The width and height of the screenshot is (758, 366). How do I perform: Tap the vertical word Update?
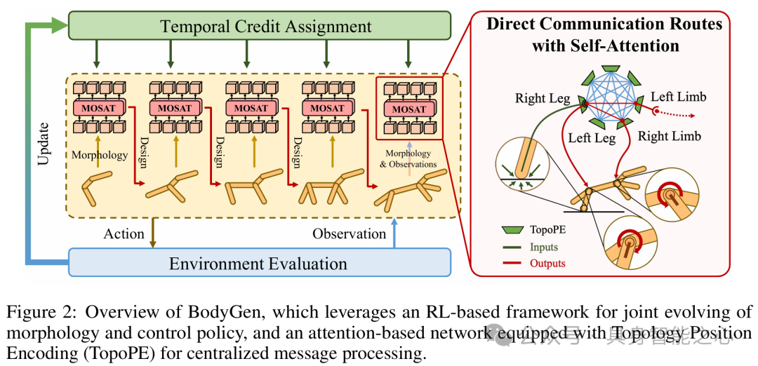click(44, 144)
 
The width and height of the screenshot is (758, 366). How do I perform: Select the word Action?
click(124, 233)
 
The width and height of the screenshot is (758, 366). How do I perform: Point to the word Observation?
click(350, 233)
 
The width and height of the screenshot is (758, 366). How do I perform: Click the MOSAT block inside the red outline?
click(409, 109)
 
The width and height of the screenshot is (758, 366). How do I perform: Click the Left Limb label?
click(679, 96)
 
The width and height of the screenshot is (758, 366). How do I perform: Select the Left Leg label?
click(592, 138)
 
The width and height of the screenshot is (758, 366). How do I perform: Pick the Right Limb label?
click(669, 135)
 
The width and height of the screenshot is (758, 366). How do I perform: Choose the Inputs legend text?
click(545, 247)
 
